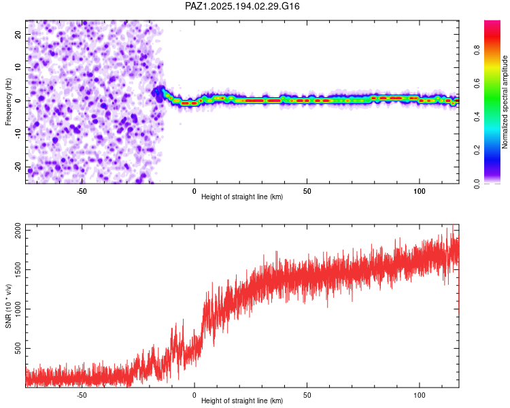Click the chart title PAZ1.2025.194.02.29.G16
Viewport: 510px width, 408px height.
pyautogui.click(x=242, y=6)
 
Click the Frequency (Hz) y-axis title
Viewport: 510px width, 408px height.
pyautogui.click(x=8, y=102)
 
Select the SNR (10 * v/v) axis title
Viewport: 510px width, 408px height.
pyautogui.click(x=8, y=306)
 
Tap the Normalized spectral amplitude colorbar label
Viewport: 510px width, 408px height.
pyautogui.click(x=505, y=102)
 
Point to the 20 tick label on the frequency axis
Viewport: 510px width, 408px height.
pyautogui.click(x=18, y=35)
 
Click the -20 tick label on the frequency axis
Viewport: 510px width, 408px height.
pyautogui.click(x=18, y=167)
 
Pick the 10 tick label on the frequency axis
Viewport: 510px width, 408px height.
pyautogui.click(x=18, y=67)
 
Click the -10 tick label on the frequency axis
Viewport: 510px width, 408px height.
pyautogui.click(x=18, y=134)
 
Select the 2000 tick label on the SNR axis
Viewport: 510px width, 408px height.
pyautogui.click(x=18, y=231)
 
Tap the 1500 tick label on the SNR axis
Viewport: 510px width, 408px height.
pyautogui.click(x=18, y=270)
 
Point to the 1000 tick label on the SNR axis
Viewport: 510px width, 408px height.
pyautogui.click(x=18, y=309)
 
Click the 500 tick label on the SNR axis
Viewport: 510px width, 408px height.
pyautogui.click(x=18, y=348)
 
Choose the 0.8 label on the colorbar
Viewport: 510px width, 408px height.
pyautogui.click(x=477, y=50)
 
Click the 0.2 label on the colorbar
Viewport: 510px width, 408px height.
pyautogui.click(x=477, y=150)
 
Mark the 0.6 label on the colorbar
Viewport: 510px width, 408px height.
pyautogui.click(x=477, y=83)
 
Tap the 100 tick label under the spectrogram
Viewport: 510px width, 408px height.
pyautogui.click(x=420, y=191)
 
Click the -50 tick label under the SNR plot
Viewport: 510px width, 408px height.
pyautogui.click(x=82, y=395)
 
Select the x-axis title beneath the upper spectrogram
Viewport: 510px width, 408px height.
pyautogui.click(x=242, y=197)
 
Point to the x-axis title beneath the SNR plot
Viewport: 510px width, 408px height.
pyautogui.click(x=242, y=401)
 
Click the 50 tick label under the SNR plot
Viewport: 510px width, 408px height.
pyautogui.click(x=307, y=395)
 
